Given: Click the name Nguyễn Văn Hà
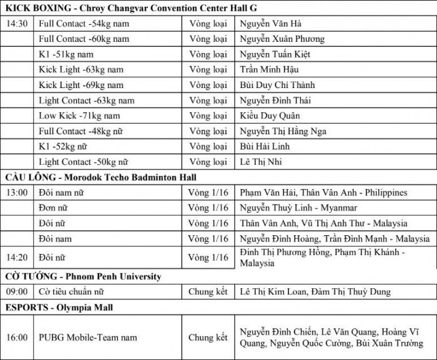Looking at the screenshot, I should click(271, 24).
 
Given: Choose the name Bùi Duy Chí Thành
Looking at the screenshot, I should click(278, 85).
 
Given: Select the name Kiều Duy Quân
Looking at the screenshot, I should click(270, 115).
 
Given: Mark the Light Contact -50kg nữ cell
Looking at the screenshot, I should click(84, 162).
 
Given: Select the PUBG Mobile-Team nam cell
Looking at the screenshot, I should click(84, 338).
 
